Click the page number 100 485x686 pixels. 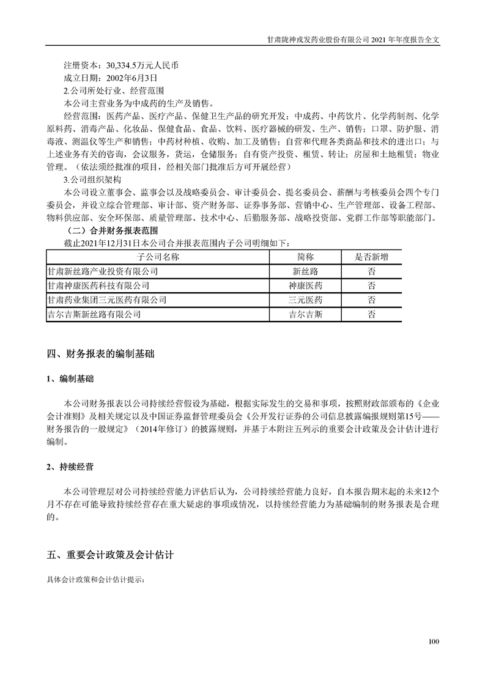tap(434, 642)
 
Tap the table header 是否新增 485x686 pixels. tap(371, 256)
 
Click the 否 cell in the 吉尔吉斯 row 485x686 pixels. tap(371, 315)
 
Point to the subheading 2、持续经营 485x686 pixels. tap(70, 467)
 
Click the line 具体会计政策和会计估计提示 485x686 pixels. tap(96, 578)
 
